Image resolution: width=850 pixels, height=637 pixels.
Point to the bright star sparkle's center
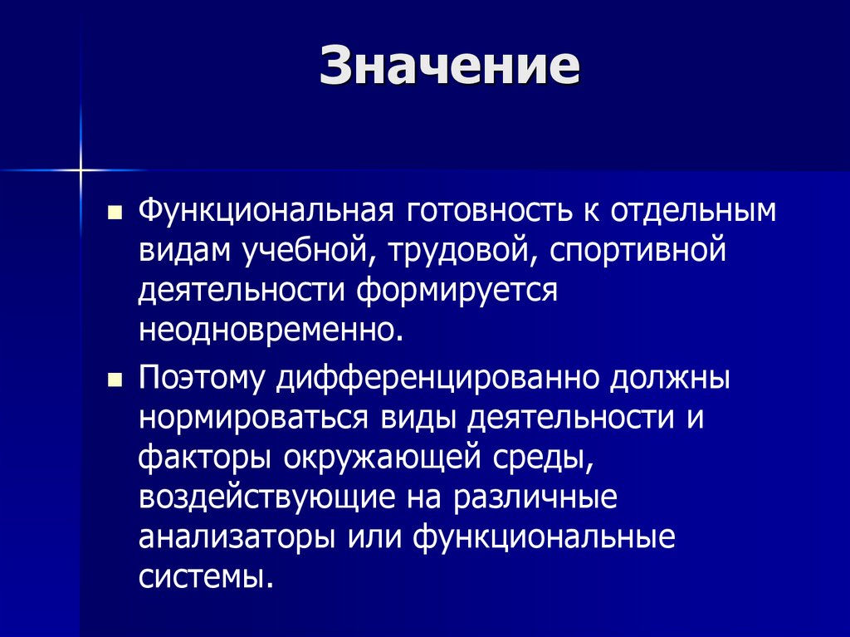[81, 170]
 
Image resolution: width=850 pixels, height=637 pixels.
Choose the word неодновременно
[271, 330]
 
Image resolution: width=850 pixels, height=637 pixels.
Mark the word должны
[671, 379]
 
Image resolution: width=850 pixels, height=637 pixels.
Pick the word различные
[534, 497]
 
